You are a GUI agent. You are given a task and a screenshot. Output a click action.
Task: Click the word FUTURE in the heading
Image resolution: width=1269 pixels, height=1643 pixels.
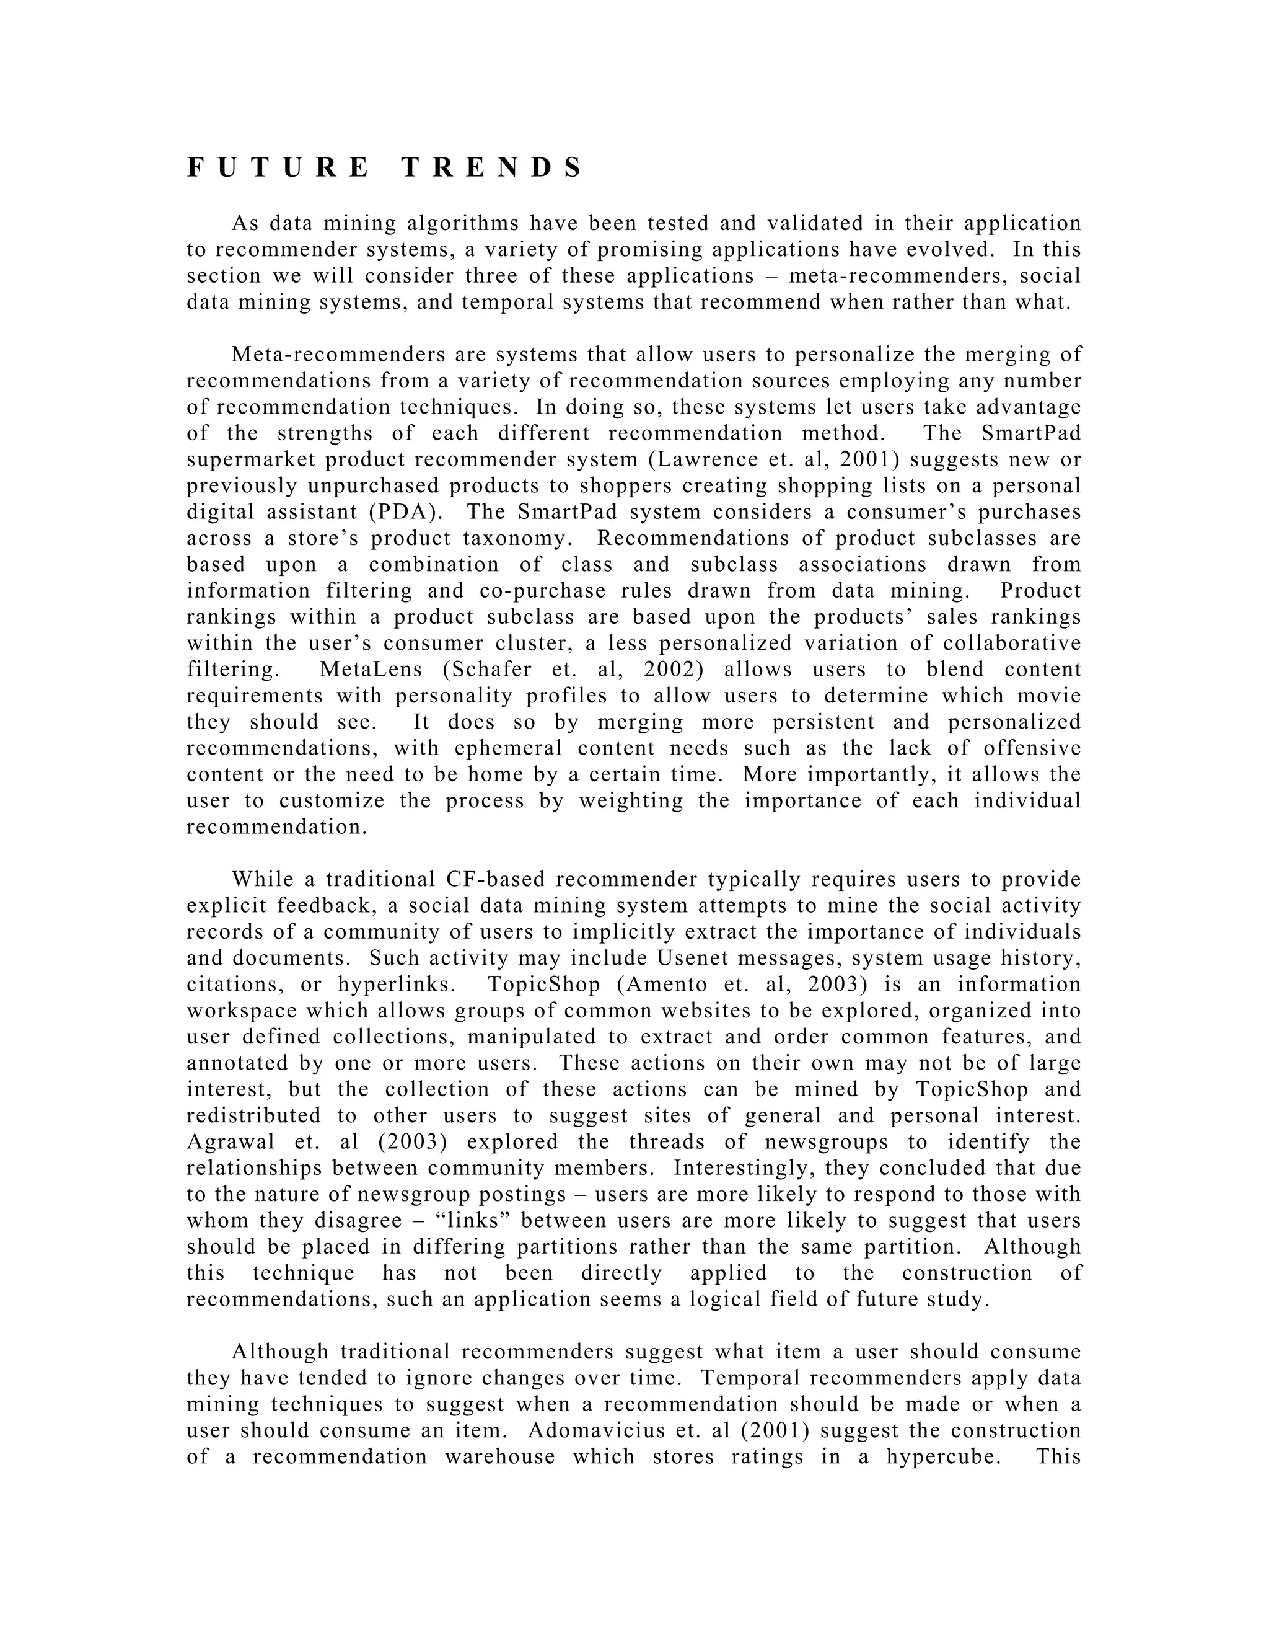point(278,168)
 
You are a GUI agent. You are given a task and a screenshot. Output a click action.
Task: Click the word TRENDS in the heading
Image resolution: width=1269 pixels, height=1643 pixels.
point(491,168)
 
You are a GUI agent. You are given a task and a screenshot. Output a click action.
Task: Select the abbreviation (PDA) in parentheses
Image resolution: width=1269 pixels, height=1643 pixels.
point(406,512)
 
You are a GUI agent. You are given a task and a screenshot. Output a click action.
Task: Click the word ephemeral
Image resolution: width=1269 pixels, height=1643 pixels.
point(508,748)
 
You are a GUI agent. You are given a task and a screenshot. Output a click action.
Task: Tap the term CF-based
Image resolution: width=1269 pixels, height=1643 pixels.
point(496,879)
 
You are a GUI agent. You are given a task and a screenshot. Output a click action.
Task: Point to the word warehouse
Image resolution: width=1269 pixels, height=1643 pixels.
point(500,1456)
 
